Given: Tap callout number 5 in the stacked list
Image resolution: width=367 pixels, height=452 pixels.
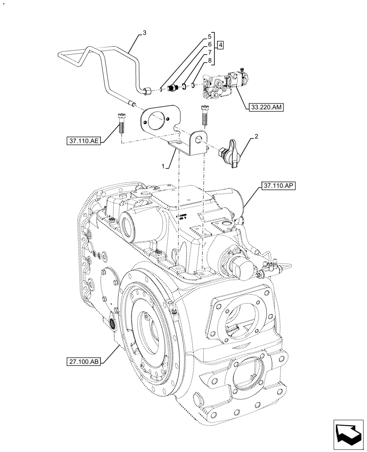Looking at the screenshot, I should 210,37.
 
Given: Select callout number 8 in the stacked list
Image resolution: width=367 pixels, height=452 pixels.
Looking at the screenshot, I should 210,60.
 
